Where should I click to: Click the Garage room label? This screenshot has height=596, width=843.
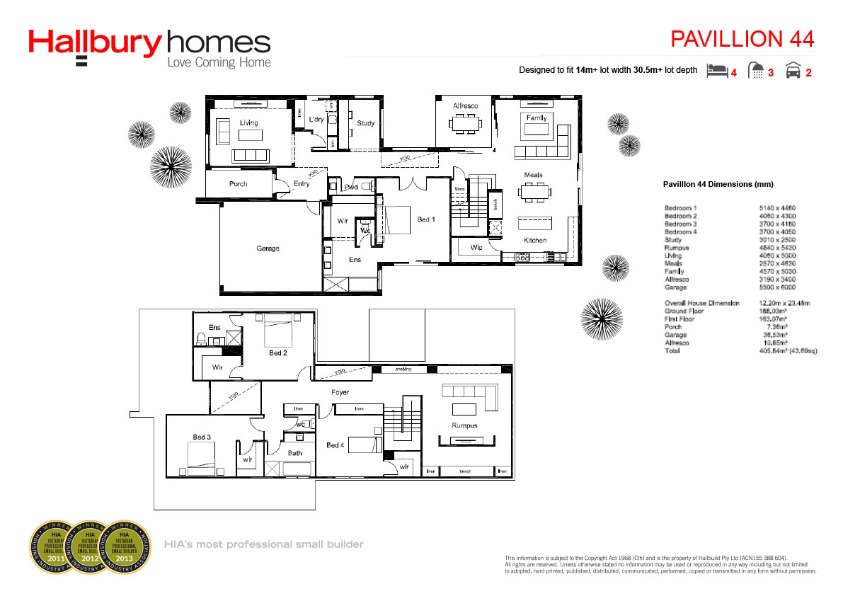coord(268,248)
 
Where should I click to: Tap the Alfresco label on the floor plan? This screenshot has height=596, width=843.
coord(465,106)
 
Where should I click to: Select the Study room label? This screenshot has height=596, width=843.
coord(365,123)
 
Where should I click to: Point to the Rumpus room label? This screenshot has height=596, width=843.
coord(464,425)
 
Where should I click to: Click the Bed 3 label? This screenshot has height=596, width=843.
coord(201,437)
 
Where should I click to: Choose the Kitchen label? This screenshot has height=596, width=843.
coord(535,241)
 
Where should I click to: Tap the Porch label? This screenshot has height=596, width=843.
coord(239,184)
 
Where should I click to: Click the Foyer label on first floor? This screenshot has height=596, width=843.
coord(340,392)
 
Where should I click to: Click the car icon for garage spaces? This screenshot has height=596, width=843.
coord(793,70)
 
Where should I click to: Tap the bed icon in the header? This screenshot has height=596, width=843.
coord(718,70)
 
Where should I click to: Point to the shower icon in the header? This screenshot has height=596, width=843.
coord(757,70)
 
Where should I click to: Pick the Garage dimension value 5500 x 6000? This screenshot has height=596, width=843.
coord(776,288)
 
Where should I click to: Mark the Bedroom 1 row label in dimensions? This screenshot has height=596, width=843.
coord(680,208)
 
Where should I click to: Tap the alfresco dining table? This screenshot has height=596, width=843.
coord(464,124)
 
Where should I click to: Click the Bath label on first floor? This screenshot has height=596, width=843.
coord(294,453)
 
